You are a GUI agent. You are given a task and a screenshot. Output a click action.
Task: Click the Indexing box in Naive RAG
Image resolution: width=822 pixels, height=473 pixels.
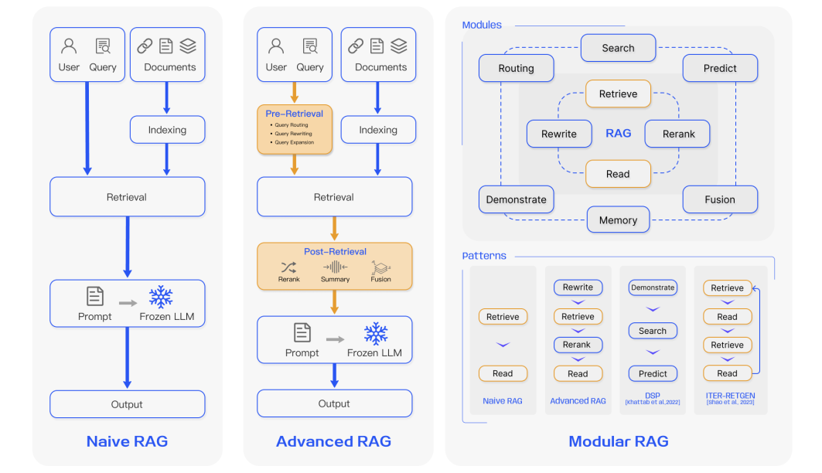point(167,129)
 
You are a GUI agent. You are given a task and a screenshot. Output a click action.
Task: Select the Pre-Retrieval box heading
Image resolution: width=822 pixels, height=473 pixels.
point(294,114)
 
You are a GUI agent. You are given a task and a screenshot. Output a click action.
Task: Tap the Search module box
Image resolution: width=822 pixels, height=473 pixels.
point(618,48)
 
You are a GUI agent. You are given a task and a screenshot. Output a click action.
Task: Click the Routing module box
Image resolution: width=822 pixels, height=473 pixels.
point(517,68)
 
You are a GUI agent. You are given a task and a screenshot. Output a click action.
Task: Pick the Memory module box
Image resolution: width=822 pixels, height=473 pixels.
point(618,220)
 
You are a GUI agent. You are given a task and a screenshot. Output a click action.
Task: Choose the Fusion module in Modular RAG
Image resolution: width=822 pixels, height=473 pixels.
point(720,199)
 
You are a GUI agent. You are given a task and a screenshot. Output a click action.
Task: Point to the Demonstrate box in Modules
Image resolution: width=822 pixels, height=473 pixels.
point(517,199)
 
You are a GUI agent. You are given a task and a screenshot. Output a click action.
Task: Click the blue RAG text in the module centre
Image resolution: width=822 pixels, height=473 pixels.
point(619,134)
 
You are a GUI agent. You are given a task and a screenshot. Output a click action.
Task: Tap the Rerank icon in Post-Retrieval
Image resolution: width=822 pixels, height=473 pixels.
point(288,267)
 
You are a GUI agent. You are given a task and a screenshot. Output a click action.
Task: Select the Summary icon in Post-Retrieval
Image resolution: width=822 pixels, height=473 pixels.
point(335,267)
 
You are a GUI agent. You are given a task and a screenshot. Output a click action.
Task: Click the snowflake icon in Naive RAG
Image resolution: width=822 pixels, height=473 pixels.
point(160,297)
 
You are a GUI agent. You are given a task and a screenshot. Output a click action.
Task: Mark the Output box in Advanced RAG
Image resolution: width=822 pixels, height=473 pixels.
point(335,403)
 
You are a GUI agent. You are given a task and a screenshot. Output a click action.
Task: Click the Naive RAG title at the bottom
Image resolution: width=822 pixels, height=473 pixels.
point(128,441)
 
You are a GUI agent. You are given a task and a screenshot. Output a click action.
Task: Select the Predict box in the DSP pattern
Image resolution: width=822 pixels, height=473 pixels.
point(653,373)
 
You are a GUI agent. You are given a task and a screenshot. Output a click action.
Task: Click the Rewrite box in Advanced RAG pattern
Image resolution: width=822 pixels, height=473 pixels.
point(578,288)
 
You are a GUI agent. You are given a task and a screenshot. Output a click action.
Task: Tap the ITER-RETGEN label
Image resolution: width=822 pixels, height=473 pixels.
point(730,396)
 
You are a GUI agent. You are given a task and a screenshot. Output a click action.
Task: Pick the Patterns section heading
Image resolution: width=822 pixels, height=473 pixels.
point(484,256)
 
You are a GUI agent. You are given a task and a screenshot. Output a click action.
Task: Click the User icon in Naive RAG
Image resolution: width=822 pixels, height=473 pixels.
point(69,46)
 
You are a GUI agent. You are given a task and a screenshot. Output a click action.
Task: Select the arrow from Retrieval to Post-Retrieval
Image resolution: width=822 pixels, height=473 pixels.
point(335,229)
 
